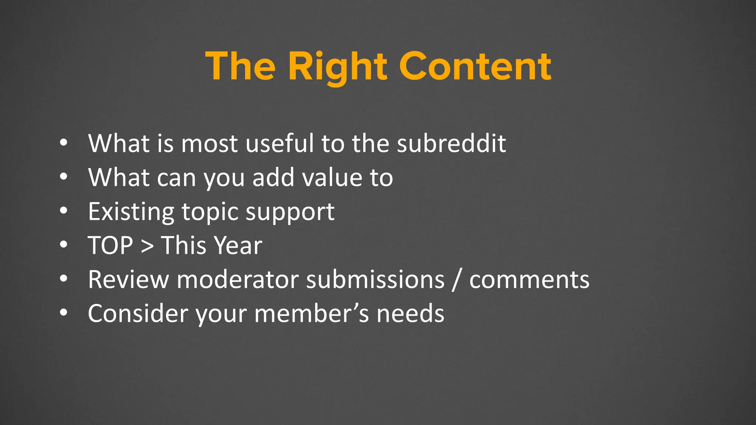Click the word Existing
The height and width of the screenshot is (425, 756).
131,212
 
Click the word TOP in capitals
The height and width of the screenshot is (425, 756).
110,245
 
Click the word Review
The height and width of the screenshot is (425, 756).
128,279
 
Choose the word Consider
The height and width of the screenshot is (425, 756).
138,314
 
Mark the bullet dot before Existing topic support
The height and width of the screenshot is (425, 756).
64,211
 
